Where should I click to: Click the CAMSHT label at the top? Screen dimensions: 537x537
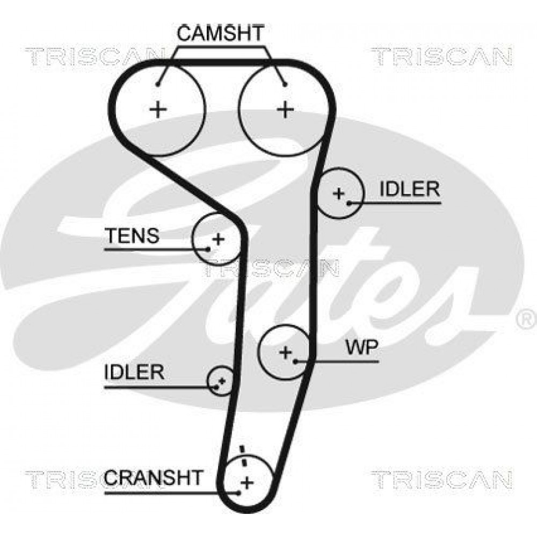tap(221, 33)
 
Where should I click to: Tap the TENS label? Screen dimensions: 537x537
tap(132, 235)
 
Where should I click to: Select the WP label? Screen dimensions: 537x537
tap(361, 347)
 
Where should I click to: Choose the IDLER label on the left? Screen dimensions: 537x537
tap(134, 372)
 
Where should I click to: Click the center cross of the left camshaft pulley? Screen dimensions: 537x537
tap(158, 110)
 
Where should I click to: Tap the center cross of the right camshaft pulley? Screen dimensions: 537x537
tap(285, 110)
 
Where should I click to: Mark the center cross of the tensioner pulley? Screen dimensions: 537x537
tap(218, 239)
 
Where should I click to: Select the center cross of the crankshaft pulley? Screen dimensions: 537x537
tap(247, 482)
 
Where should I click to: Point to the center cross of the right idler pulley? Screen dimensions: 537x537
tap(339, 193)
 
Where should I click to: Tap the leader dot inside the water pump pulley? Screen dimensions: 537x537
tap(295, 361)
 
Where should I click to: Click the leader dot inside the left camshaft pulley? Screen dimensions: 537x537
tap(157, 85)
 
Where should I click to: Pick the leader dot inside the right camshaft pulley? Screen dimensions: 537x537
tap(285, 85)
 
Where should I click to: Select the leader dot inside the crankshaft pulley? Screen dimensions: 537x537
tap(239, 493)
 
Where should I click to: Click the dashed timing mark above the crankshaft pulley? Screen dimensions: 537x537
tap(243, 456)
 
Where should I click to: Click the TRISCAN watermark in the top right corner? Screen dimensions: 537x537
tap(442, 57)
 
